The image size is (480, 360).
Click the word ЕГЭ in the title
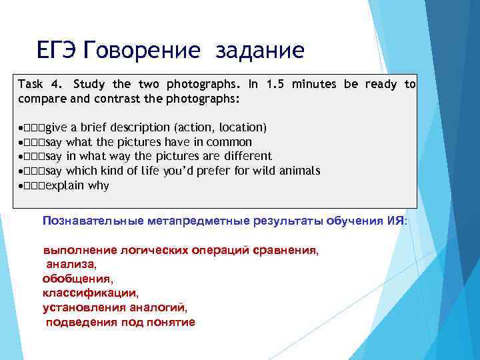59,50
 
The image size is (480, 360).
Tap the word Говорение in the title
143,50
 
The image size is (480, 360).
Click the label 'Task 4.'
41,84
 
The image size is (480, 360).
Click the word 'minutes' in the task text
315,84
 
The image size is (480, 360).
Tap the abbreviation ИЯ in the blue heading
395,221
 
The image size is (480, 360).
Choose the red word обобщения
77,278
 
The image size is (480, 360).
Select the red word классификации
90,293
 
